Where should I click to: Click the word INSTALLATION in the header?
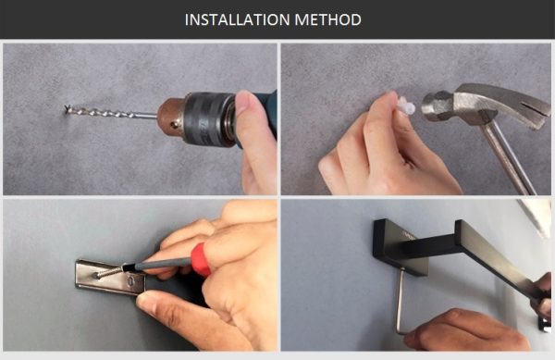pos(238,19)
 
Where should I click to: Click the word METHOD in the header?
pos(327,19)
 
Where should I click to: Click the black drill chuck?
pos(209,118)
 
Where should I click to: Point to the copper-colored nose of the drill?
pos(171,117)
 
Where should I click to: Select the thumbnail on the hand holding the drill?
pos(245,102)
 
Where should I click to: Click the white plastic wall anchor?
pos(406,106)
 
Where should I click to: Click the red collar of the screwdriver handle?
pos(201,260)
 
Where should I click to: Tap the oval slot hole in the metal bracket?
pos(131,281)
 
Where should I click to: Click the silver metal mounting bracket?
pos(110,279)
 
